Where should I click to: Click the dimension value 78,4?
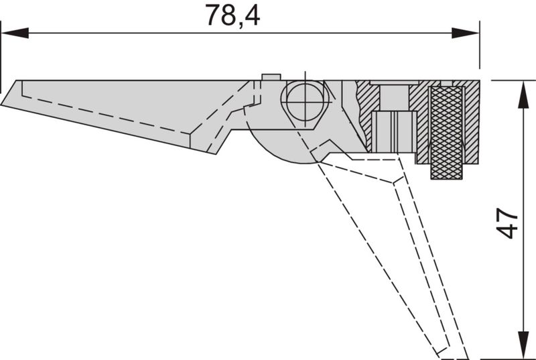[232, 15]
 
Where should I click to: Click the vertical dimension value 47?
[509, 223]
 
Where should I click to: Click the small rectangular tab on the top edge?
[271, 76]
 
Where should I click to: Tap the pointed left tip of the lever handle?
[3, 104]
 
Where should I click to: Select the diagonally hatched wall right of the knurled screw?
[472, 124]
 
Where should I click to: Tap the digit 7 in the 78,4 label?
[213, 15]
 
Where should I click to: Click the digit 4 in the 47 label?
[509, 231]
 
